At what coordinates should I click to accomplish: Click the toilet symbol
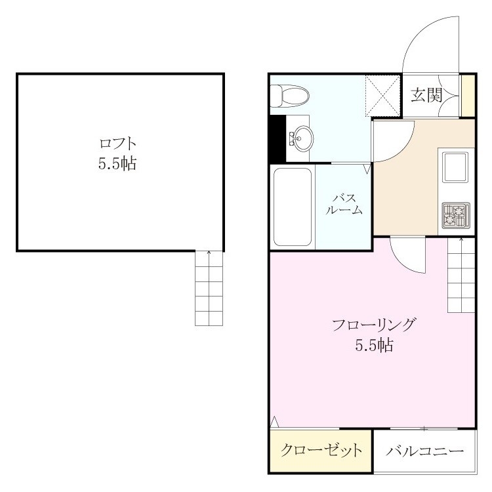tap(289, 96)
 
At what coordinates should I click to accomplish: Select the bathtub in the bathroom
tap(293, 207)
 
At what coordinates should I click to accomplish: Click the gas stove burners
tap(456, 215)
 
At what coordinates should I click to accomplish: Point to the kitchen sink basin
tap(455, 167)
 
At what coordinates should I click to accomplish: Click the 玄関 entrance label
tap(427, 95)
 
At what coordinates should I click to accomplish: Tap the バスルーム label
tap(344, 204)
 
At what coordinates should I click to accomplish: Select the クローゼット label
tap(321, 451)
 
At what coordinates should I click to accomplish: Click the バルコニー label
tap(425, 451)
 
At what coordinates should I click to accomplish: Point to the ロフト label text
tap(117, 144)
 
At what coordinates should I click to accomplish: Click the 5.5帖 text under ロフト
tap(117, 163)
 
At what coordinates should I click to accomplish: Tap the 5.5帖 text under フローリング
tap(374, 345)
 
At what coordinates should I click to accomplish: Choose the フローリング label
tap(374, 325)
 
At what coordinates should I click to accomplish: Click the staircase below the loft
tap(209, 288)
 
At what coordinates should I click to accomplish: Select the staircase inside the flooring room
tap(461, 275)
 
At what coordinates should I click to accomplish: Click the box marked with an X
tap(383, 96)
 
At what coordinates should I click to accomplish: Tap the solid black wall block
tap(278, 138)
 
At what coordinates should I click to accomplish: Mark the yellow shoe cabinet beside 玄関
tap(467, 96)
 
